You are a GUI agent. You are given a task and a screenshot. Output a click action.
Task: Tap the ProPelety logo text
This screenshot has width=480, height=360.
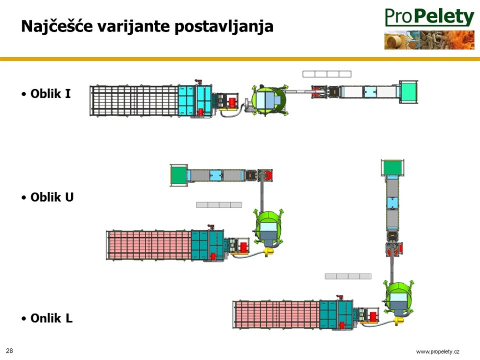pyautogui.click(x=429, y=17)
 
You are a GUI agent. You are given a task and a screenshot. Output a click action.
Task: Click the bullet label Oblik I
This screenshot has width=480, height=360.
pyautogui.click(x=51, y=94)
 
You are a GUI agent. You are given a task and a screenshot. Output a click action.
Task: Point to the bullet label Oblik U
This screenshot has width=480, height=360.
pyautogui.click(x=52, y=197)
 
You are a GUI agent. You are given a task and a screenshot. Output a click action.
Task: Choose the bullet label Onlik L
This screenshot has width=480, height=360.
pyautogui.click(x=52, y=318)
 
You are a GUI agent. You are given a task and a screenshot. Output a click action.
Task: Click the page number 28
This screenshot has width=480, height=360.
pyautogui.click(x=9, y=351)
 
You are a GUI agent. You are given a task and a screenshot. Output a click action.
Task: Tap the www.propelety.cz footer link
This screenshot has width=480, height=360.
pyautogui.click(x=438, y=352)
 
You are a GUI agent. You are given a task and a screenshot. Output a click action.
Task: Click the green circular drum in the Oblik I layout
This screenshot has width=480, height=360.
pyautogui.click(x=269, y=100)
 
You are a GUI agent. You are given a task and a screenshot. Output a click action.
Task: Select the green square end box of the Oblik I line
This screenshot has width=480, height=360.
pyautogui.click(x=408, y=92)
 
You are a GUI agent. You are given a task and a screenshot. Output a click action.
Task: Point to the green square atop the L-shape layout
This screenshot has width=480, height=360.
pyautogui.click(x=392, y=167)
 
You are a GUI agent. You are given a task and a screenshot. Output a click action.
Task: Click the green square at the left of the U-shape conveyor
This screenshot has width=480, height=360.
pyautogui.click(x=179, y=175)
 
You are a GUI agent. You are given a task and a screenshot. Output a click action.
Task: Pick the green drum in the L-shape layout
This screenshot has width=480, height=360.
pyautogui.click(x=398, y=298)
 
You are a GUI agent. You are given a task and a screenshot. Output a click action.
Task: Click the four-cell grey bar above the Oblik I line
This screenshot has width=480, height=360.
pyautogui.click(x=327, y=74)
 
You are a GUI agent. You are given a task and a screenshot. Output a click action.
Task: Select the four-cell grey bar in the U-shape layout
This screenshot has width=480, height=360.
pyautogui.click(x=219, y=205)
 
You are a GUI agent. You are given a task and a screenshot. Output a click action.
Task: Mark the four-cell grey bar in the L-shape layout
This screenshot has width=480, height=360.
pyautogui.click(x=348, y=276)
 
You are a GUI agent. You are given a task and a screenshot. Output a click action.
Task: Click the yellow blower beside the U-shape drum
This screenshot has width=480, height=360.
pyautogui.click(x=269, y=252)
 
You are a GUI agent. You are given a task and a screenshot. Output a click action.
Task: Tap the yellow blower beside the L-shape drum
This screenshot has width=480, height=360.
pyautogui.click(x=398, y=321)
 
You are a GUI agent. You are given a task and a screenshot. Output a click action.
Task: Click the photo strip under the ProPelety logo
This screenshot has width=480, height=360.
pyautogui.click(x=429, y=40)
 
